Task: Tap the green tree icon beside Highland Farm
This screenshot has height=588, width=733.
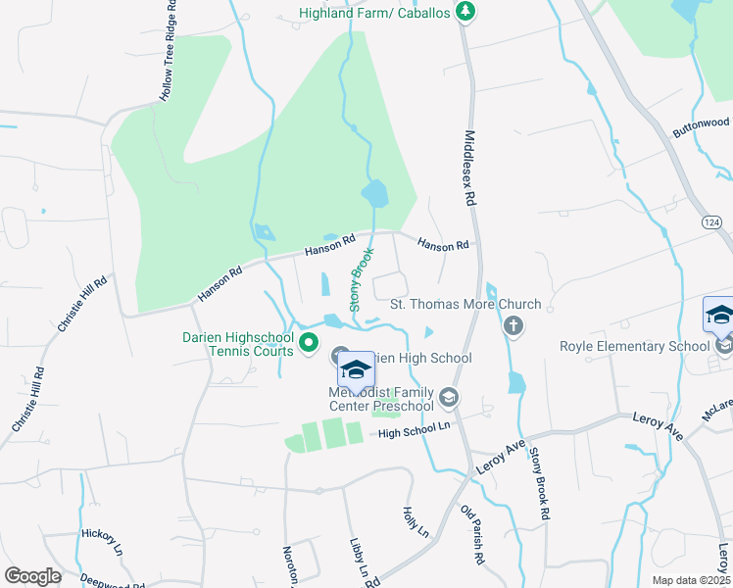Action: point(468,12)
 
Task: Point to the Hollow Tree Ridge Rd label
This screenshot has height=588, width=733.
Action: point(170,51)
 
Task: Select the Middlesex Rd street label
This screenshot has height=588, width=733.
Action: point(470,168)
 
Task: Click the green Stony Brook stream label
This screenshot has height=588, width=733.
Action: point(363,278)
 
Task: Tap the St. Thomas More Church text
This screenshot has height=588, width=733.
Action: point(465,304)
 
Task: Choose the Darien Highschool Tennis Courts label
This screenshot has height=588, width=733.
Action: point(238,344)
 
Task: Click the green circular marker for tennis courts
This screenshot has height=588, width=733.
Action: point(309,342)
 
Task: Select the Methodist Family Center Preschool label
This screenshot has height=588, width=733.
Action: point(381,400)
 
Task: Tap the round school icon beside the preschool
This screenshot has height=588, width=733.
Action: point(449,396)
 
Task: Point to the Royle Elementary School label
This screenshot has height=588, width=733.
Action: point(634,345)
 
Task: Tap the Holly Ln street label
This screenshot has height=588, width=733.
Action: point(416,521)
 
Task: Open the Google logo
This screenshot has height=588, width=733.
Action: point(32,575)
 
